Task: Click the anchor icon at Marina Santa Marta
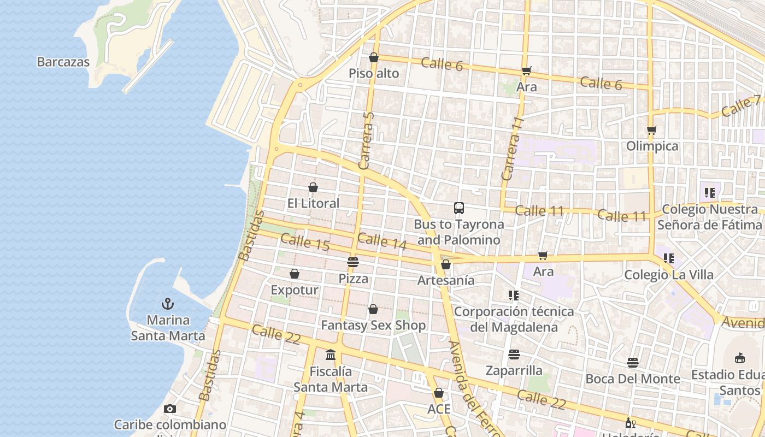(x=168, y=304)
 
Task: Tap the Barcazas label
(x=63, y=62)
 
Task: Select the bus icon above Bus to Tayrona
(x=458, y=208)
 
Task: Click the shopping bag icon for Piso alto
(x=374, y=57)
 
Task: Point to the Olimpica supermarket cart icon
(x=651, y=130)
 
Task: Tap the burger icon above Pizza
(x=353, y=262)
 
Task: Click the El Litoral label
(x=313, y=203)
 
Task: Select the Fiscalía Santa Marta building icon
(x=331, y=355)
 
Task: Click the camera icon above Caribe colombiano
(x=169, y=409)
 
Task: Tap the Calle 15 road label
(x=305, y=242)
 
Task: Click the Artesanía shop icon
(x=446, y=264)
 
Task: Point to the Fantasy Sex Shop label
(x=373, y=326)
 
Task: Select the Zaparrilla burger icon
(x=514, y=355)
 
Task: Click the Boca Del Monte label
(x=633, y=379)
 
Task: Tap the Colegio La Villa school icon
(x=668, y=258)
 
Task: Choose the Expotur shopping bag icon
(x=295, y=274)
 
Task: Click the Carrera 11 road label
(x=513, y=149)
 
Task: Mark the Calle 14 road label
(x=382, y=242)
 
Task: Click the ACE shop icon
(x=438, y=393)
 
